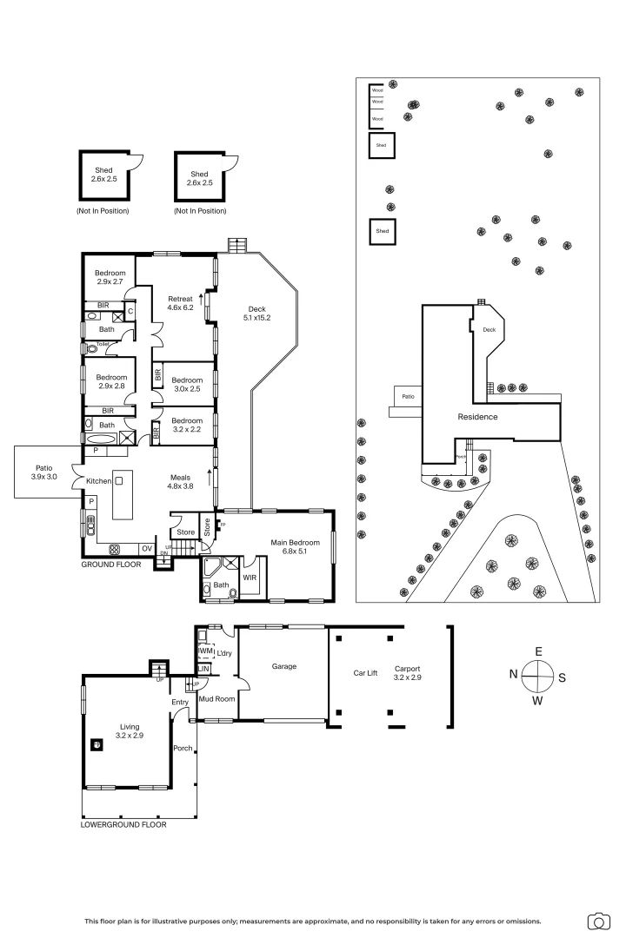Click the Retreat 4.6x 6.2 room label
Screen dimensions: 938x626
coord(180,303)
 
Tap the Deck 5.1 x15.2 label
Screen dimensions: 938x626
coord(257,314)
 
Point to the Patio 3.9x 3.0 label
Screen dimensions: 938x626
coord(44,472)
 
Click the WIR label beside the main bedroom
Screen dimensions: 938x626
coord(250,577)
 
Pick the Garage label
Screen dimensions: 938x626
coord(284,666)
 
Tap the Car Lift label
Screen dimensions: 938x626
coord(365,672)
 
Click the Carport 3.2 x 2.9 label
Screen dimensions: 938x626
coord(409,672)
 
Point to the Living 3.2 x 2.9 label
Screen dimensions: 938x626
coord(129,730)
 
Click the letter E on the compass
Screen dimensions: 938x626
coord(538,651)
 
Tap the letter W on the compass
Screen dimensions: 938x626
coord(538,700)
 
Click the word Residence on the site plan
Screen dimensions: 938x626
coord(478,417)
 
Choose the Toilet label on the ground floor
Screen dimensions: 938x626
coord(103,344)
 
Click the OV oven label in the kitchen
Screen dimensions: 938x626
coord(147,548)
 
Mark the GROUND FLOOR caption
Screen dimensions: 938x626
coord(111,565)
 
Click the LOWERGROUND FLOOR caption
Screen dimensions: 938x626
coord(123,825)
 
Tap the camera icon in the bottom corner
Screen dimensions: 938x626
coord(598,921)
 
